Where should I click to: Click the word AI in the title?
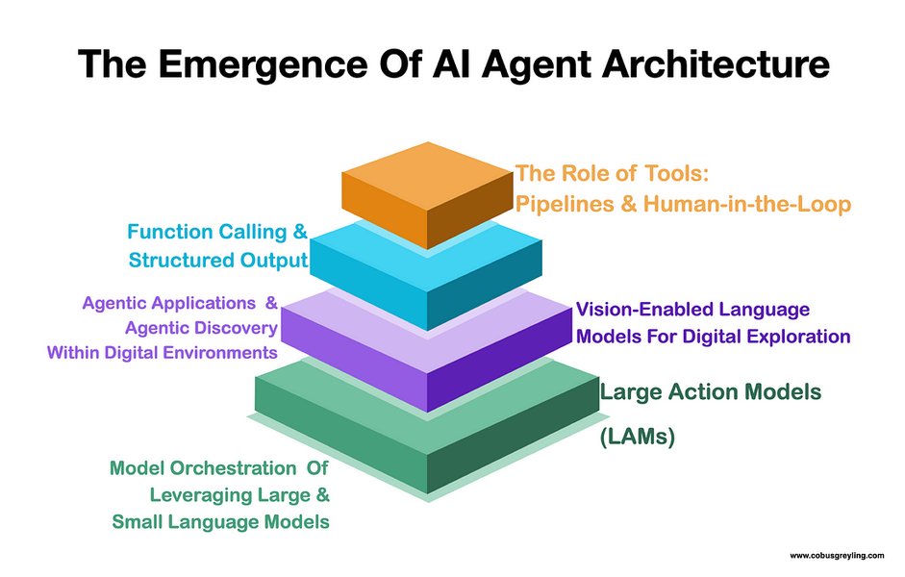click(x=438, y=64)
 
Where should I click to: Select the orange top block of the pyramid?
click(x=427, y=191)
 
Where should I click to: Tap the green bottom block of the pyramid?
click(x=428, y=438)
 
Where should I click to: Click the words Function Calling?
click(x=208, y=232)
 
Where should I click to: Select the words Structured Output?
click(x=217, y=260)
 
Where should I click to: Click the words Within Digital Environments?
click(x=162, y=352)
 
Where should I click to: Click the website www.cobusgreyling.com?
click(x=838, y=556)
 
